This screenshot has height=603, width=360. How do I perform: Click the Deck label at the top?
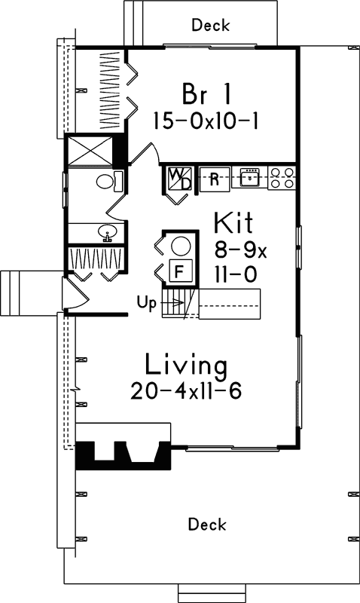(x=210, y=26)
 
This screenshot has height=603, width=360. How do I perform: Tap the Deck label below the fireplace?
(x=207, y=524)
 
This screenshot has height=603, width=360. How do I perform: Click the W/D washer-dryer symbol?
(x=178, y=179)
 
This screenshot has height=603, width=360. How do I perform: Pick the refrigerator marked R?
(x=214, y=179)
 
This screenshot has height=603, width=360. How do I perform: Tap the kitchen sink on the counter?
(x=249, y=178)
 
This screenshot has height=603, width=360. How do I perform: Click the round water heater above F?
(x=180, y=245)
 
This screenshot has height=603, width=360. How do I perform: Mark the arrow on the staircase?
(x=173, y=303)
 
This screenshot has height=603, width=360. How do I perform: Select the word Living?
(x=185, y=366)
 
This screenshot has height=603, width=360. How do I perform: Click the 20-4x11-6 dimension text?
(x=185, y=393)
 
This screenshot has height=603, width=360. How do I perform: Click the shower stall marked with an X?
(x=89, y=150)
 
